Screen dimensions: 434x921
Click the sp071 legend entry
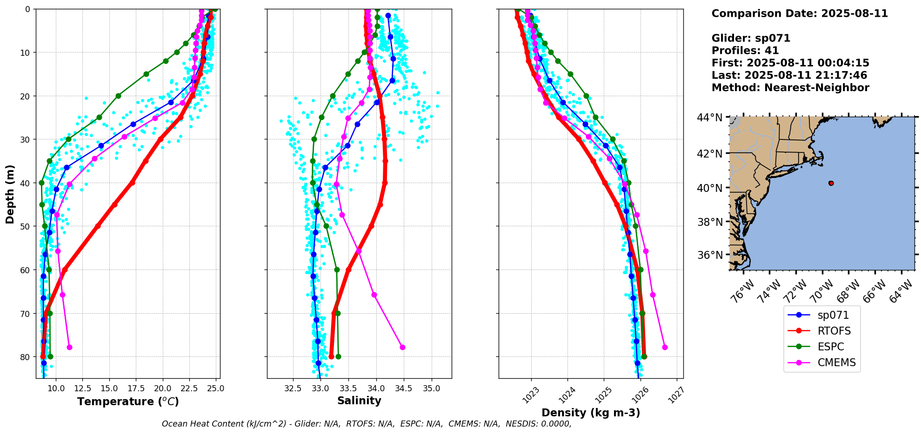[833, 315]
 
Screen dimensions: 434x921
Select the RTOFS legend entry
[834, 331]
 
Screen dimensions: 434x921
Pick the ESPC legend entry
[830, 347]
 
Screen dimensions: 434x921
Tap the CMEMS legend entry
[836, 362]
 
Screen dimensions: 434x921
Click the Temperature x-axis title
[128, 401]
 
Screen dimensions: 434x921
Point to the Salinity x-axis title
[359, 401]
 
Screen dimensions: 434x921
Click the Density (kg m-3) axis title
[591, 413]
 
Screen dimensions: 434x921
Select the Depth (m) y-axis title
[10, 194]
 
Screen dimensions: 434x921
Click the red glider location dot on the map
[831, 183]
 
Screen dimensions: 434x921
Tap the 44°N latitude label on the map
[709, 118]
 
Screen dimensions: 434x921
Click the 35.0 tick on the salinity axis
[431, 388]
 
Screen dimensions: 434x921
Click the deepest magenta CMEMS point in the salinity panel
[402, 347]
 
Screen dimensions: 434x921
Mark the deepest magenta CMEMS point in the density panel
[665, 347]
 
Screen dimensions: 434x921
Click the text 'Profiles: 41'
[745, 51]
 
